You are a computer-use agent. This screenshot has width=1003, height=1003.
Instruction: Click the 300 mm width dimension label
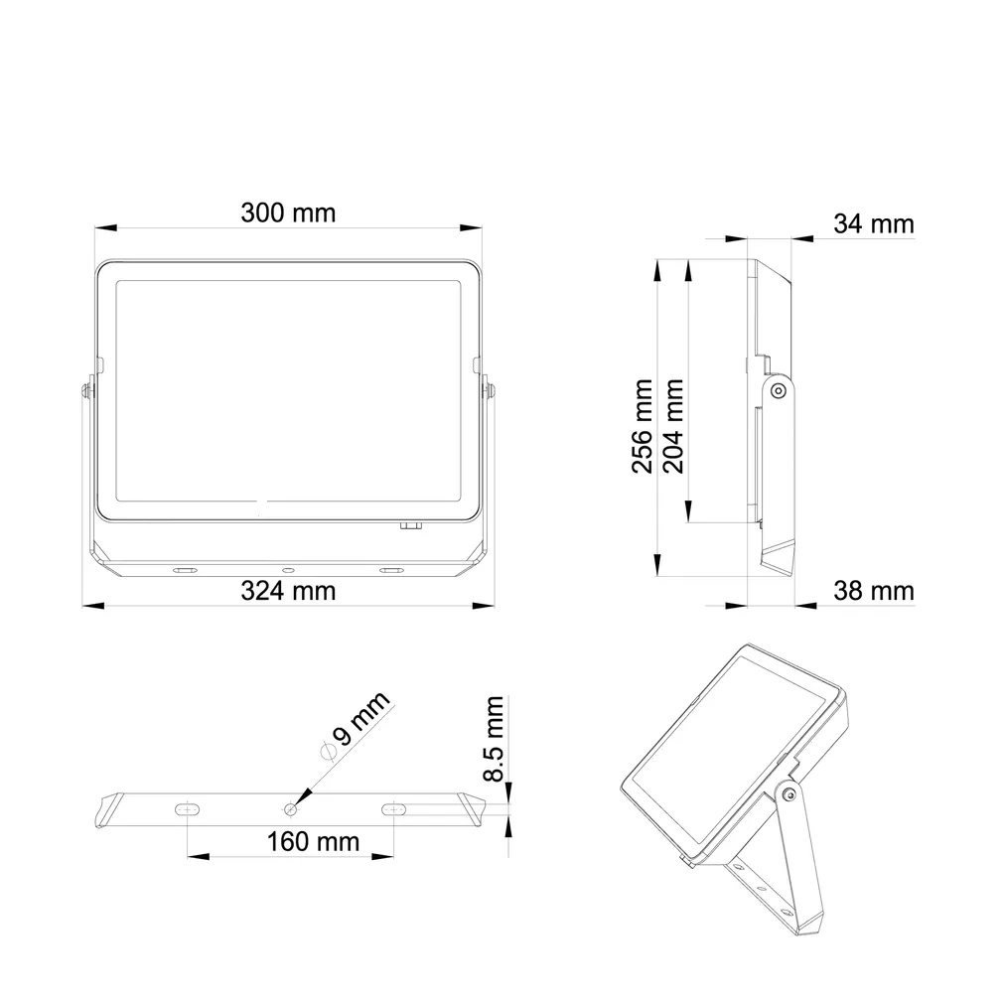(288, 213)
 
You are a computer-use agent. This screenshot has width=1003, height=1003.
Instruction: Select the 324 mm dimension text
(288, 591)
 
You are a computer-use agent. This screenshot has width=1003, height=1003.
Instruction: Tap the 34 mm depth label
(872, 224)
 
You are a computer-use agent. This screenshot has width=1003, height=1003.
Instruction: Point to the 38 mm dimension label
(872, 592)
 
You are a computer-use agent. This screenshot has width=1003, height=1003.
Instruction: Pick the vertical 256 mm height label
(644, 426)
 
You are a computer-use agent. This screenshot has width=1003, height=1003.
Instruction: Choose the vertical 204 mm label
(674, 426)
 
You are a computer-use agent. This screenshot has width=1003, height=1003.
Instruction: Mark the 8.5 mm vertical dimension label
(494, 739)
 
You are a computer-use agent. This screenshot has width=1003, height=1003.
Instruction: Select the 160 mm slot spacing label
(313, 842)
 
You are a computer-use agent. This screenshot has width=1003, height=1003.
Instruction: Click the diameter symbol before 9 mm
(326, 752)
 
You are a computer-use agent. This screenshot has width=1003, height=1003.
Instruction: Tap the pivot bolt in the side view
(779, 391)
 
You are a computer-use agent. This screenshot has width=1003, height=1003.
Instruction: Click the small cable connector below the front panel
(410, 525)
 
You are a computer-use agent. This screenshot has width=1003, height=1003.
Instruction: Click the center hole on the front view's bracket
(289, 570)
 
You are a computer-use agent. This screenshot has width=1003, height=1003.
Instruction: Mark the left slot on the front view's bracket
(186, 570)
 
